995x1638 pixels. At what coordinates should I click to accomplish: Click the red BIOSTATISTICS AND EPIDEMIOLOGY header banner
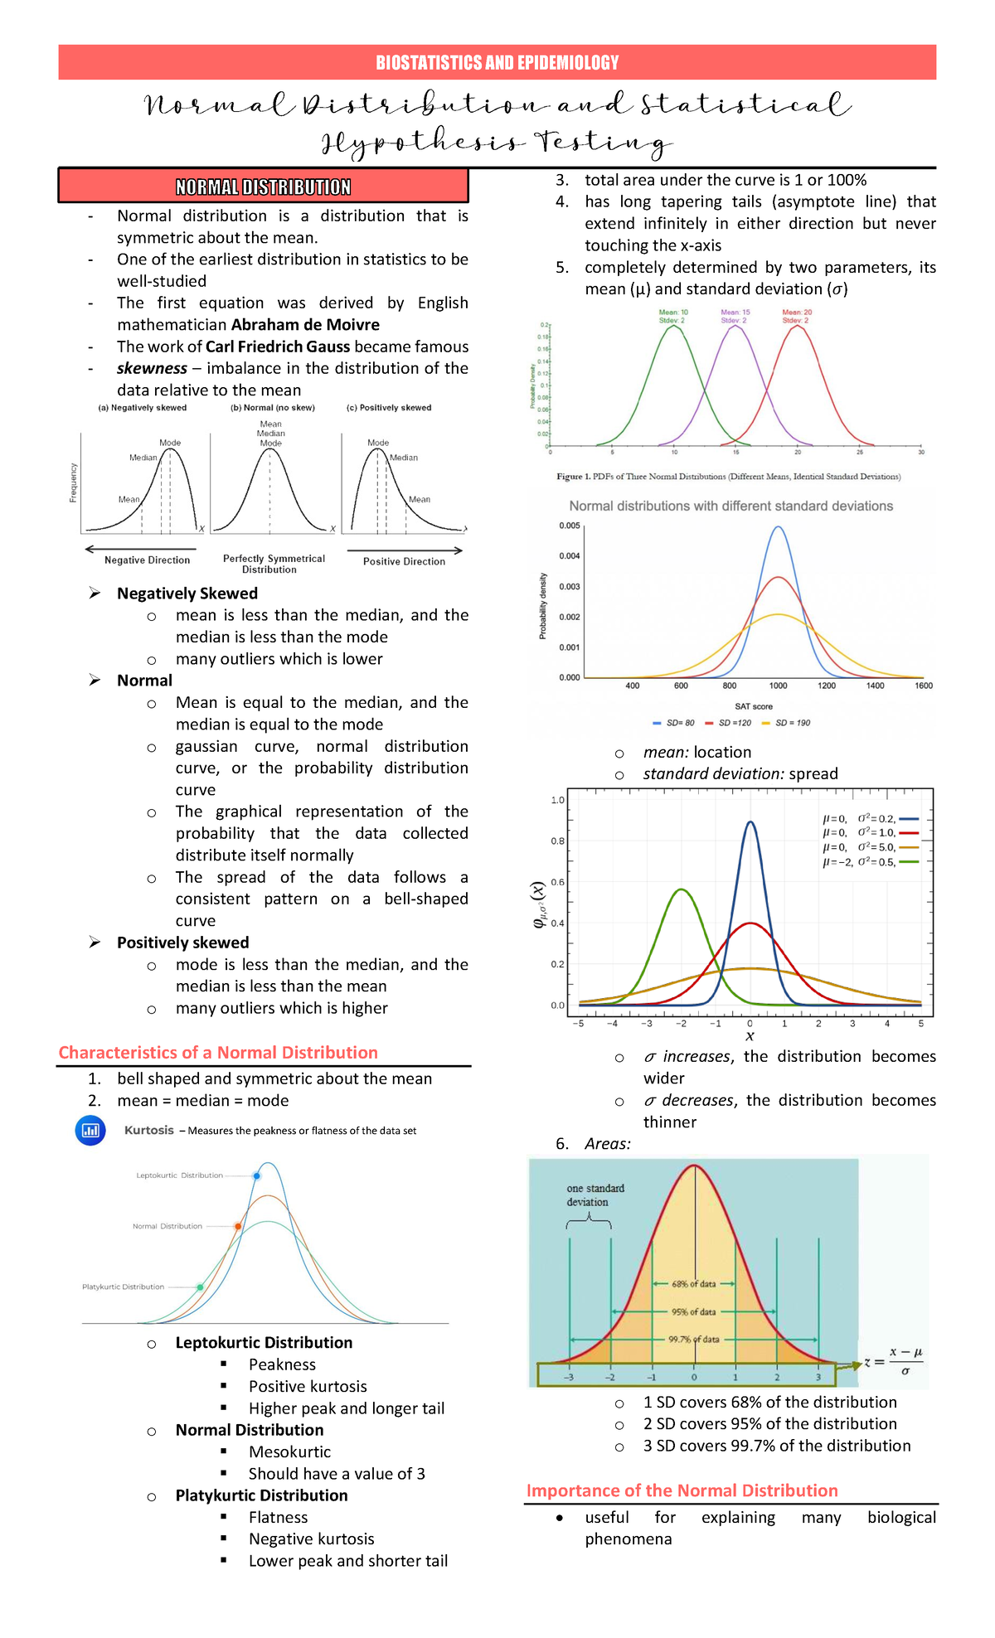point(497,62)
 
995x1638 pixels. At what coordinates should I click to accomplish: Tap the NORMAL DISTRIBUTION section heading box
point(263,187)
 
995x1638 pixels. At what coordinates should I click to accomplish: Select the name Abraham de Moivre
point(305,325)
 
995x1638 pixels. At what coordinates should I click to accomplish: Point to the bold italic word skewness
point(152,368)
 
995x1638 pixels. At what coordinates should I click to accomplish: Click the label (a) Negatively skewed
point(143,408)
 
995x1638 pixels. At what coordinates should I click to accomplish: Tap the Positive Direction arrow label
point(404,561)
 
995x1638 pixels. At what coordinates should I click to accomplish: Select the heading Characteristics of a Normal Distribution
point(218,1053)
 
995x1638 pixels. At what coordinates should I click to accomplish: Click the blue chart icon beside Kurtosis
point(90,1130)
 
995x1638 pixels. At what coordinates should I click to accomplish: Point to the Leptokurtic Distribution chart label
point(180,1175)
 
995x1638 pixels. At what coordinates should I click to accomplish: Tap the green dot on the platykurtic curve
point(201,1287)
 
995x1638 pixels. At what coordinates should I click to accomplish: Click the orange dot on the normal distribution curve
point(238,1226)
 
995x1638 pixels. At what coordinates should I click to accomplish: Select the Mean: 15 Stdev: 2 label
point(735,317)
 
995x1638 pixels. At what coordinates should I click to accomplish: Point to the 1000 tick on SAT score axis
point(778,686)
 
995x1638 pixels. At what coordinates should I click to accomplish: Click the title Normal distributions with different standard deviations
point(730,506)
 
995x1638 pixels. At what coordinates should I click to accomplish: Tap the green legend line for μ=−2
point(910,862)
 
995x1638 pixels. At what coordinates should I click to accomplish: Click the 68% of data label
point(693,1284)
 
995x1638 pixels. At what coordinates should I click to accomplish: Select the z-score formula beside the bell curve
point(894,1361)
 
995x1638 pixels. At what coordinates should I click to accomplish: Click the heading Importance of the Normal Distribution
point(682,1490)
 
